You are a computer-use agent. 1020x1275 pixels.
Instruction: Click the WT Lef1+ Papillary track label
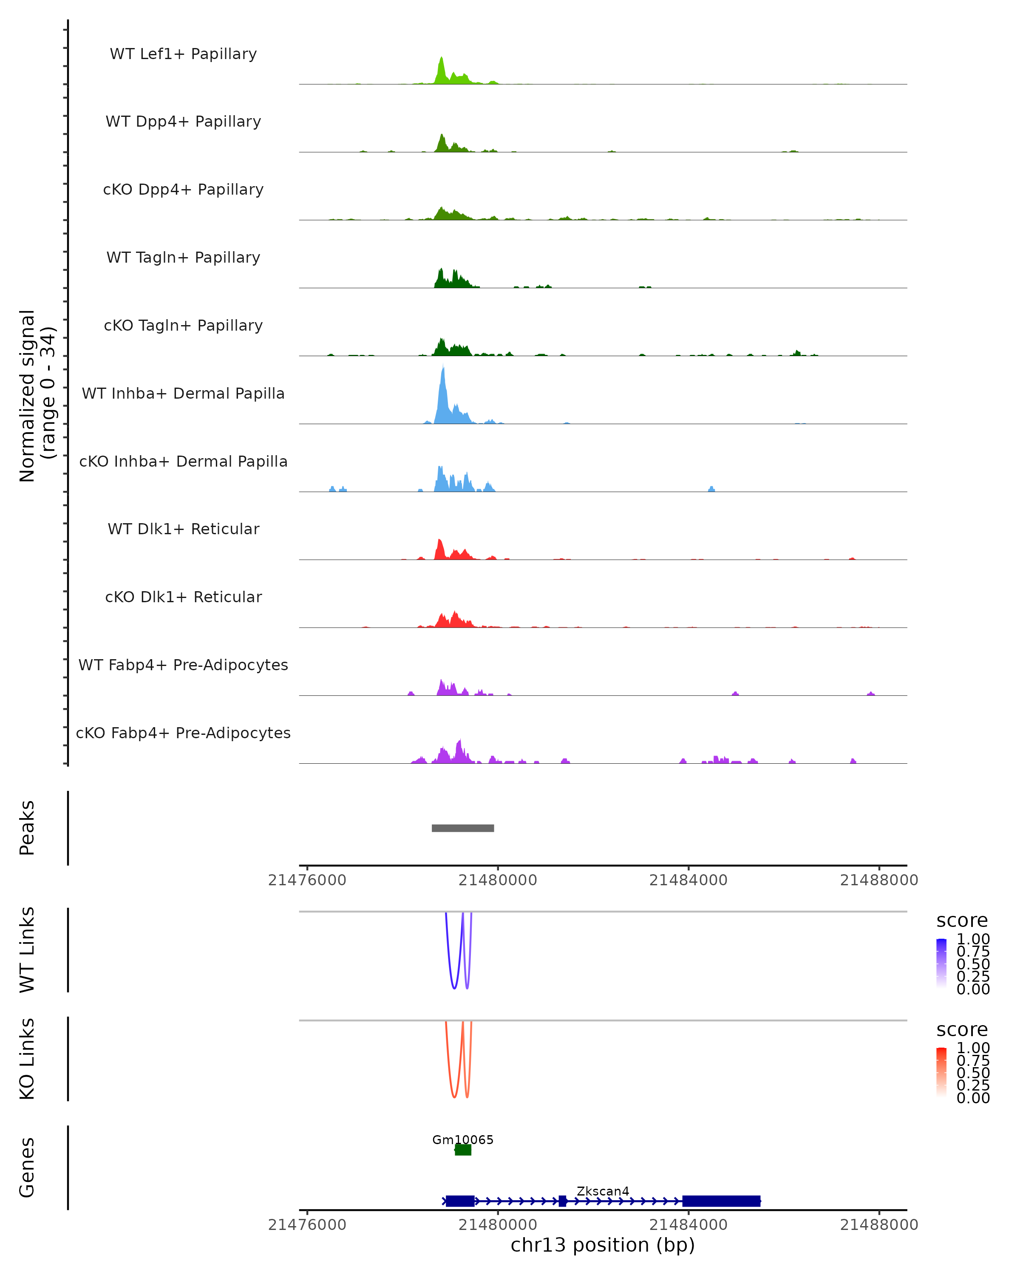click(x=183, y=54)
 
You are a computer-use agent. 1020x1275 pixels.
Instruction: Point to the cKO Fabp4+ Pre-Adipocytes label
click(x=183, y=733)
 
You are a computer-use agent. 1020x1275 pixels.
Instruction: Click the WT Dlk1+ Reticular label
click(x=183, y=529)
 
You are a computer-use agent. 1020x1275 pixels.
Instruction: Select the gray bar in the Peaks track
click(x=462, y=828)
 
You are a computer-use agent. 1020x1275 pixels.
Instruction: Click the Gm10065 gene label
click(x=462, y=1139)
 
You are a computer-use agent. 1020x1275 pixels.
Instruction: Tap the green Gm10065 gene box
click(x=463, y=1150)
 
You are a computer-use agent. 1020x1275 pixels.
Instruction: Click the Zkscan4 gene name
click(x=603, y=1191)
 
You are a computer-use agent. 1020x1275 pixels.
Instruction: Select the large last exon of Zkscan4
click(x=721, y=1201)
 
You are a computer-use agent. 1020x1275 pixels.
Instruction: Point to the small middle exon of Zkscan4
click(x=562, y=1201)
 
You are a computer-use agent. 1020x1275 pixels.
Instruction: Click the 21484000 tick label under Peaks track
click(x=688, y=881)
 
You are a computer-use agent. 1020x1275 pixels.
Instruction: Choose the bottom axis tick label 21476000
click(x=307, y=1225)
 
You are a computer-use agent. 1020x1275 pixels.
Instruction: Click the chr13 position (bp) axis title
click(x=603, y=1245)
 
